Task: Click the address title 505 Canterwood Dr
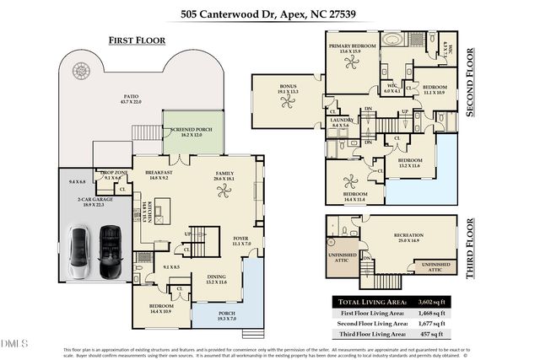(269, 14)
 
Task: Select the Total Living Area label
(372, 301)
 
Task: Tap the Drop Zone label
(113, 174)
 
